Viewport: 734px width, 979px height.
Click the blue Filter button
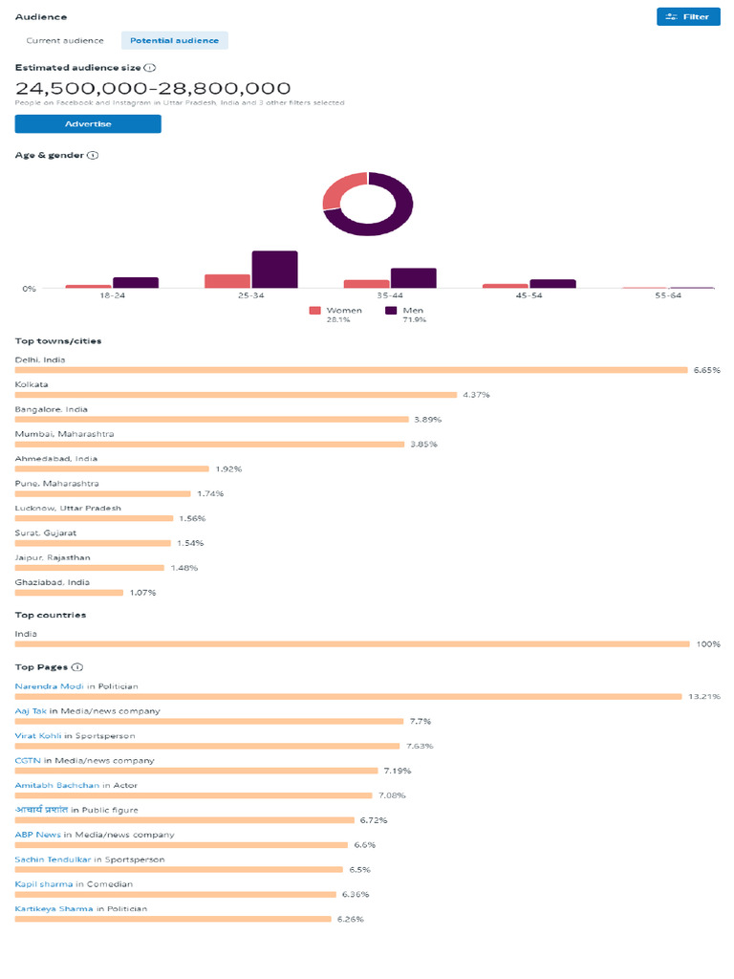tap(688, 16)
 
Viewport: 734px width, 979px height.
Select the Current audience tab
tap(65, 40)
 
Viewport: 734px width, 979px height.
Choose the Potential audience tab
tap(175, 40)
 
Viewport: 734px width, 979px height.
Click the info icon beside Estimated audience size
tap(150, 68)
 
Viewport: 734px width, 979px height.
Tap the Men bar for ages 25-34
tap(274, 269)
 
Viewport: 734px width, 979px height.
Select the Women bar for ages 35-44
tap(366, 283)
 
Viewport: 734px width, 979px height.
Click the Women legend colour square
tap(314, 311)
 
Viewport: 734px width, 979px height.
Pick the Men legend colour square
tap(391, 311)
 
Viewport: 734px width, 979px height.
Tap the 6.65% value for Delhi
tap(706, 370)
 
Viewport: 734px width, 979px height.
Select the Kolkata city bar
tap(236, 395)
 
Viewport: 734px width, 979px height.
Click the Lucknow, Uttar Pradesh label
tap(68, 508)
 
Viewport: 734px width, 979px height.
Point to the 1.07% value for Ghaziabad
tap(142, 593)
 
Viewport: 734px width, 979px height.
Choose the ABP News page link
tap(38, 835)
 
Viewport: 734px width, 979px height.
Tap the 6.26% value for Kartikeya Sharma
tap(350, 920)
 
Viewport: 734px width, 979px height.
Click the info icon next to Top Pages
tap(77, 667)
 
